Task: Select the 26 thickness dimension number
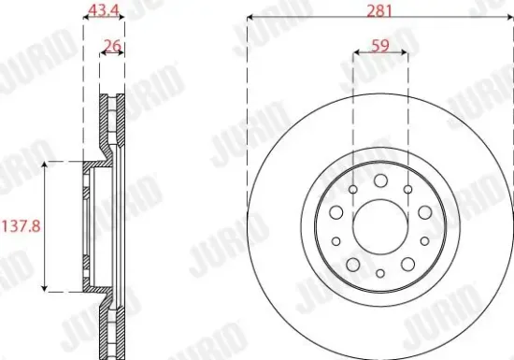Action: [112, 45]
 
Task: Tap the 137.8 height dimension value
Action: [21, 226]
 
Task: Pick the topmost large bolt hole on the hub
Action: [380, 180]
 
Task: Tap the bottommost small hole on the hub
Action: [380, 273]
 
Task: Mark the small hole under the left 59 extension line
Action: [352, 191]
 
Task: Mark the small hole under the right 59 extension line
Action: [407, 191]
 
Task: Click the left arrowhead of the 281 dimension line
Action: [250, 18]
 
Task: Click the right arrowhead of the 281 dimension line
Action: [509, 18]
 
